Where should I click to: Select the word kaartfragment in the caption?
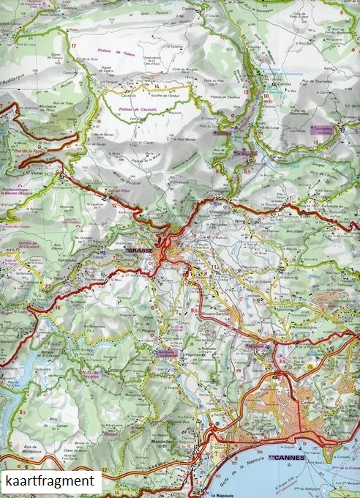click(x=50, y=481)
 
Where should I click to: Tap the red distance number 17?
click(x=74, y=46)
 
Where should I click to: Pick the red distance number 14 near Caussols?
click(x=156, y=86)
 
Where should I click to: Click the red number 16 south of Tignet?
click(x=58, y=308)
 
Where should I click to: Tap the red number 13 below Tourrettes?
click(x=315, y=142)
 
